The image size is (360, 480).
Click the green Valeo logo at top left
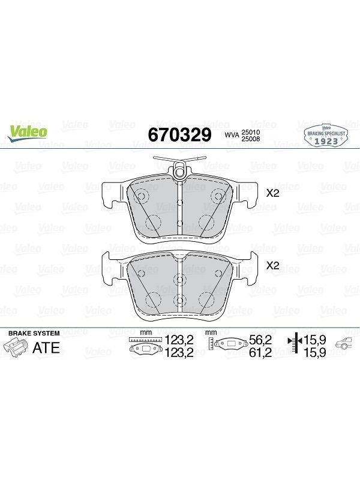(28, 133)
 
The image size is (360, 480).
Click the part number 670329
(179, 134)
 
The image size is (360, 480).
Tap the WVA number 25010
(251, 132)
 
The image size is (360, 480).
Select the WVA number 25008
(251, 139)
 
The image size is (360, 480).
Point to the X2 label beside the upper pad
(273, 193)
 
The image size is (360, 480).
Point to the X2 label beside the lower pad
(273, 266)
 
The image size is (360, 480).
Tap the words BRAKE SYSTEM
(34, 334)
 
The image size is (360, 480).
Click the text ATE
(46, 348)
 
